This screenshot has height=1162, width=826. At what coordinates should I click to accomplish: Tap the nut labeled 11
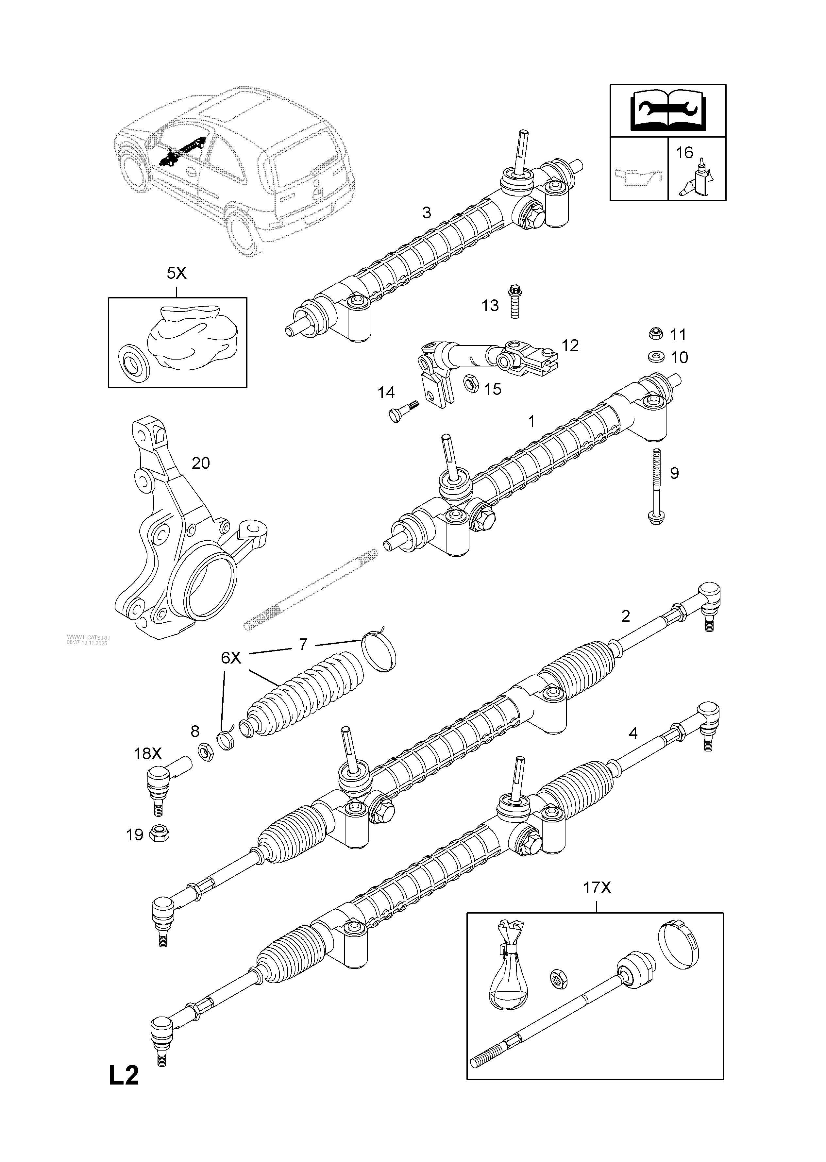click(656, 334)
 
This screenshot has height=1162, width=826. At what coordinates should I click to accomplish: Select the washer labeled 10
click(656, 357)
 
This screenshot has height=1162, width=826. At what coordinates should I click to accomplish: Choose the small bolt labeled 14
click(402, 411)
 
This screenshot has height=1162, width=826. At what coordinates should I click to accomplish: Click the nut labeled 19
click(160, 834)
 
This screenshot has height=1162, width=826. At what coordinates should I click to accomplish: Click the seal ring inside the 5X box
click(134, 362)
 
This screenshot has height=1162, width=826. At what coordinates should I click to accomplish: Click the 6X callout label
click(230, 658)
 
